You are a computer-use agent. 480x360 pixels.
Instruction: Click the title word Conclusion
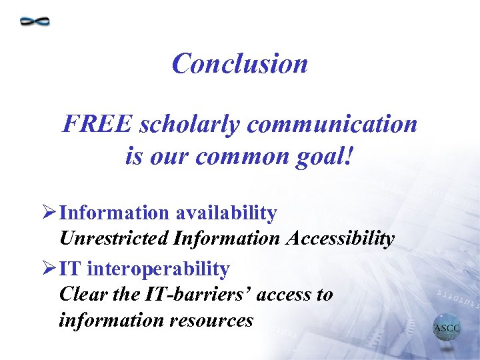pyautogui.click(x=239, y=64)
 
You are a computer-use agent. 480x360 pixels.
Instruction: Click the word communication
pyautogui.click(x=320, y=124)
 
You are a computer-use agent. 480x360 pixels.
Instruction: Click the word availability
pyautogui.click(x=226, y=213)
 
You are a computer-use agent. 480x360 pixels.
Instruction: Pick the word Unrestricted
pyautogui.click(x=114, y=239)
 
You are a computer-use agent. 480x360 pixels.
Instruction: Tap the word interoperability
pyautogui.click(x=159, y=269)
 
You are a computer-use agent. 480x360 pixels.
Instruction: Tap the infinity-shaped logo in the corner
pyautogui.click(x=35, y=21)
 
